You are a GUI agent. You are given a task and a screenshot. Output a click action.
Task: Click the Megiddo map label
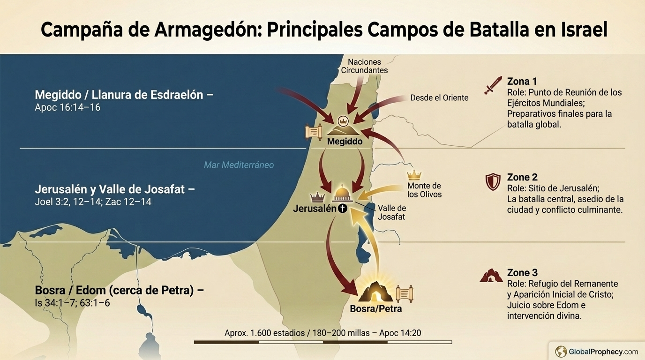coord(345,141)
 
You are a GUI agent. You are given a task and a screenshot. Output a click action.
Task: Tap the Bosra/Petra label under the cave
coord(375,309)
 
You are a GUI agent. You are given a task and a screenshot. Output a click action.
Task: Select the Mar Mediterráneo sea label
coord(239,165)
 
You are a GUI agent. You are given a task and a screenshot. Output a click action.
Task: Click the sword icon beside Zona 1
coord(493,86)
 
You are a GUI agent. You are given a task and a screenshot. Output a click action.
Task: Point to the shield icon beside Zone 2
coord(493,182)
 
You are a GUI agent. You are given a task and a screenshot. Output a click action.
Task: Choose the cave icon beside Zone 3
coord(491,276)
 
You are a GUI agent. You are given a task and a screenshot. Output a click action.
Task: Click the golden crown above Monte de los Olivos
coord(414,175)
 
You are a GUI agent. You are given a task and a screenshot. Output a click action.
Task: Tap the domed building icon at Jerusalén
coord(342,193)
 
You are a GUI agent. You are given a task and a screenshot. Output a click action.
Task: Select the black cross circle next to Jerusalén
coord(343,209)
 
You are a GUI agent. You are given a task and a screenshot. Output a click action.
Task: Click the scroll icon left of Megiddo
coord(313,132)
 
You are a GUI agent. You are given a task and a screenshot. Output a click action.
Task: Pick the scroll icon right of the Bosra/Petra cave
coord(404,294)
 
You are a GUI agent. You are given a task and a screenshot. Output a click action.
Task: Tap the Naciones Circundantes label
coord(364,66)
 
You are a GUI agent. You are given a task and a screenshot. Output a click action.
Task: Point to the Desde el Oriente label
coord(439,98)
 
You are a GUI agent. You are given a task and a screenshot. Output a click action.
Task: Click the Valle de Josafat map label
coord(391,212)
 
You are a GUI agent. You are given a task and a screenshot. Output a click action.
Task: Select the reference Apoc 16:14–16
coord(67,107)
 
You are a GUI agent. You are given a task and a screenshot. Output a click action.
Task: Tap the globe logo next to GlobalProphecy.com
coord(561,351)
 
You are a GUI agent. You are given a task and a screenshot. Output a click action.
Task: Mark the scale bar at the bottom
coord(323,342)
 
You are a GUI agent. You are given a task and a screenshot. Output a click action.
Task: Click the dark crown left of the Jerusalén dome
coord(317,197)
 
